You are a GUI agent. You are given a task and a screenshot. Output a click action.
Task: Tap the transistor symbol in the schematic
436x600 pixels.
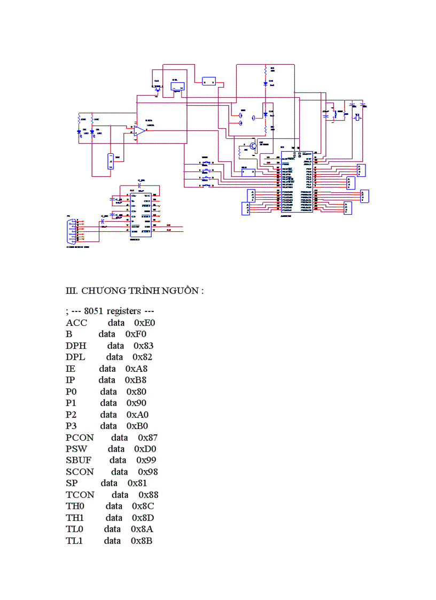pyautogui.click(x=252, y=145)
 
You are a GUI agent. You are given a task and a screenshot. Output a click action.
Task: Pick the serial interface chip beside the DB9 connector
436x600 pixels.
pyautogui.click(x=141, y=214)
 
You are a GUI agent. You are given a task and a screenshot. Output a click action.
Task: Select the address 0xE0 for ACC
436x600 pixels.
pyautogui.click(x=144, y=323)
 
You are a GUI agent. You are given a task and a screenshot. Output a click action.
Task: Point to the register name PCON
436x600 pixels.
pyautogui.click(x=80, y=438)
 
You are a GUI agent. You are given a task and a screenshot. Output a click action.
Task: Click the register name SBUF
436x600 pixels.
pyautogui.click(x=78, y=460)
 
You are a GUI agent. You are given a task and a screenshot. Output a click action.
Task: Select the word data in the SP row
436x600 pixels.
pyautogui.click(x=109, y=483)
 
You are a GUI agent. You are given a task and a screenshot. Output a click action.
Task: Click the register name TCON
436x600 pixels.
pyautogui.click(x=80, y=495)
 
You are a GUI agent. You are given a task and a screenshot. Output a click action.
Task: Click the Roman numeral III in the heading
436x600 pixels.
pyautogui.click(x=71, y=291)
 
